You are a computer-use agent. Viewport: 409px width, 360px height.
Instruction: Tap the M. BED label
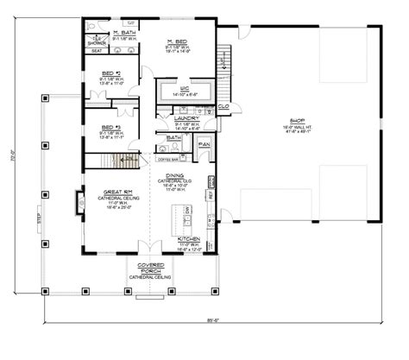[x=179, y=41]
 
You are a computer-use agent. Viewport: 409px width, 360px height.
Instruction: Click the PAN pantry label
[x=204, y=143]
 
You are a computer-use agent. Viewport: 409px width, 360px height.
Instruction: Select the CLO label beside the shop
[x=223, y=108]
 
